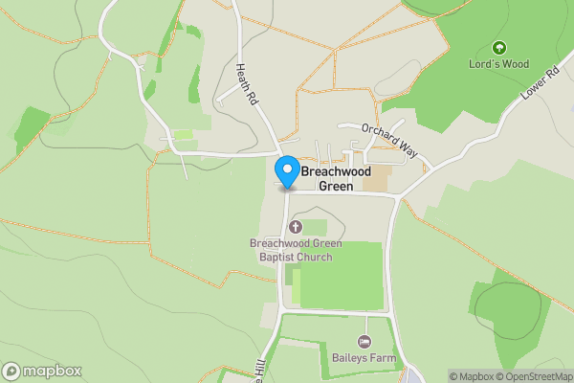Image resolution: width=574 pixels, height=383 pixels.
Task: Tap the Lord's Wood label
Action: tap(498, 64)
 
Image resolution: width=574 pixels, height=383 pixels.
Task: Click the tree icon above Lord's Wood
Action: tap(497, 47)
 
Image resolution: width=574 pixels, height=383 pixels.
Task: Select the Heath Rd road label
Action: tap(248, 84)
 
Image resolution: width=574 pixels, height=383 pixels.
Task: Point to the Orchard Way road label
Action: tap(391, 140)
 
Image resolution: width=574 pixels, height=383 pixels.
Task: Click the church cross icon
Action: tap(295, 227)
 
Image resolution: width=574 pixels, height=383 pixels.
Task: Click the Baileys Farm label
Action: tap(364, 358)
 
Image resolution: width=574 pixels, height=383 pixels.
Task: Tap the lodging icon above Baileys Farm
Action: tap(364, 341)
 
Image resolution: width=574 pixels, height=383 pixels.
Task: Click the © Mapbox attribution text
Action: tap(470, 376)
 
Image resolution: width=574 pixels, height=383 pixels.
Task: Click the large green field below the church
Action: tap(344, 277)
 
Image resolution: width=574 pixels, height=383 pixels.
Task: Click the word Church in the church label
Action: tap(314, 257)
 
